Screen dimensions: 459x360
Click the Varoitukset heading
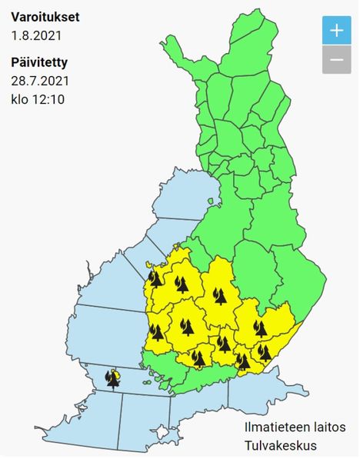pyautogui.click(x=45, y=16)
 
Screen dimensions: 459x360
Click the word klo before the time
pyautogui.click(x=21, y=99)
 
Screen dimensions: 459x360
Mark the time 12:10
pyautogui.click(x=51, y=99)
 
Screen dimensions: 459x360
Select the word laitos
pyautogui.click(x=328, y=427)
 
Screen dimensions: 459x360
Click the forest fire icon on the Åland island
pyautogui.click(x=114, y=379)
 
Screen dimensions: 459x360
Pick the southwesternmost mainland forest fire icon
pyautogui.click(x=157, y=332)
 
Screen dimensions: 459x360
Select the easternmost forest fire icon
pyautogui.click(x=265, y=353)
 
